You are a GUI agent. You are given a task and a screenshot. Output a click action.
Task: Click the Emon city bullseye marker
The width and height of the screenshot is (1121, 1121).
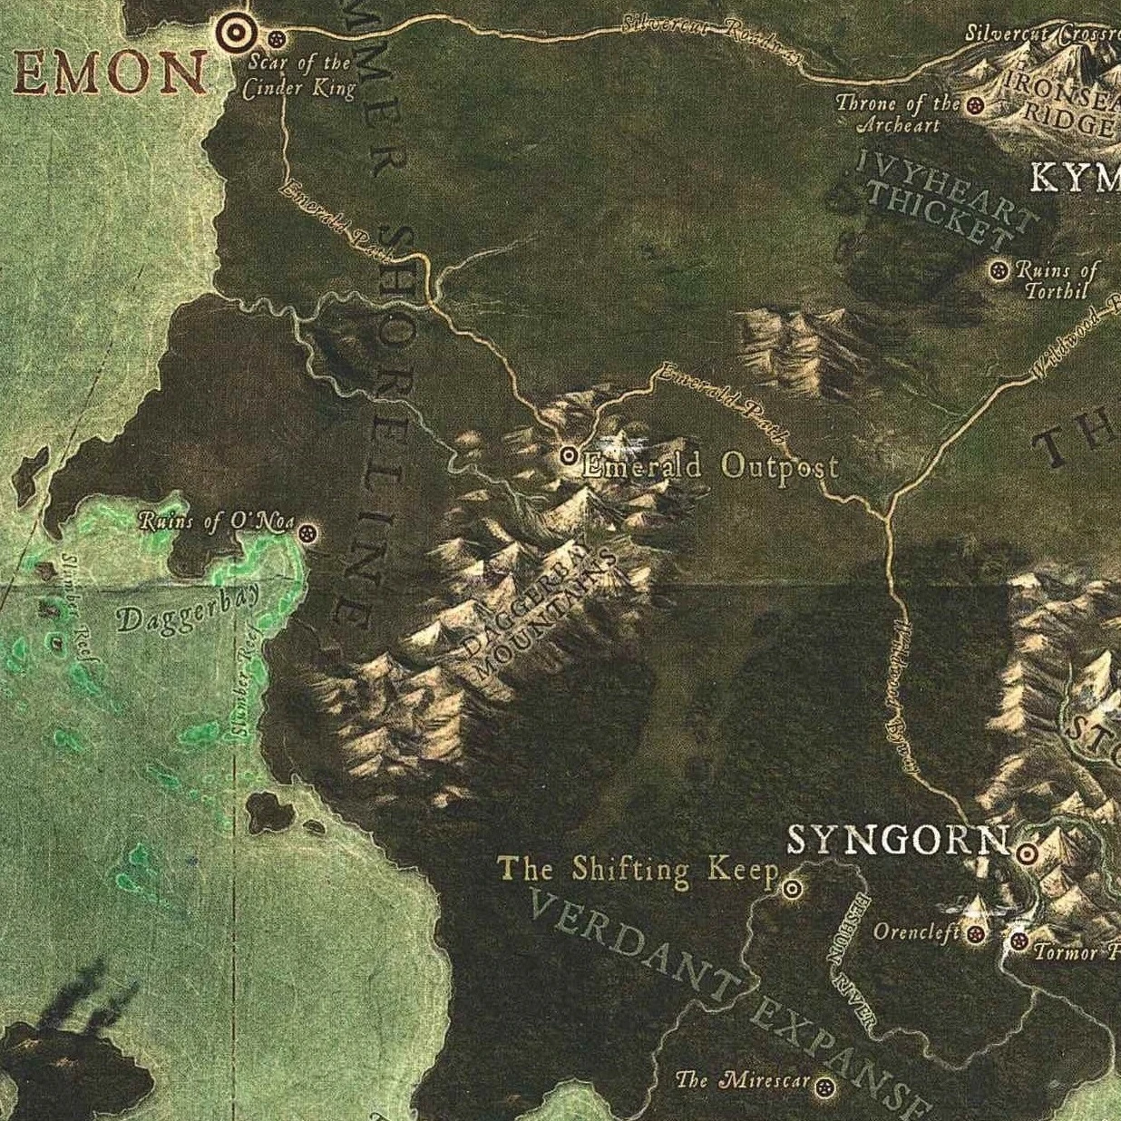[235, 34]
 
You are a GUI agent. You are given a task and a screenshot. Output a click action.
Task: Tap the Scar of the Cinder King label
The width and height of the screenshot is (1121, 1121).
[298, 75]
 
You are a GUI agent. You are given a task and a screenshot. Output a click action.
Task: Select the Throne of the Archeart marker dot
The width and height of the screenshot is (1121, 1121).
[976, 105]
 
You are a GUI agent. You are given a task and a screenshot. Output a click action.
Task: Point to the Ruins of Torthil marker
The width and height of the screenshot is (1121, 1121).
[1000, 270]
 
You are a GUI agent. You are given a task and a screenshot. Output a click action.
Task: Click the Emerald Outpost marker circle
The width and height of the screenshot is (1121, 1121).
[569, 455]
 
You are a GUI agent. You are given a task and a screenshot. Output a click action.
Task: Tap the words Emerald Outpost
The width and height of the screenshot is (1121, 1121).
[710, 466]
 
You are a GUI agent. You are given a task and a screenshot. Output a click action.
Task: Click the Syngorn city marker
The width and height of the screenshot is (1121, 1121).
[1027, 853]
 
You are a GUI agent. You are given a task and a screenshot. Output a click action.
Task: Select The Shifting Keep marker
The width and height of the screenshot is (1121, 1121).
[792, 889]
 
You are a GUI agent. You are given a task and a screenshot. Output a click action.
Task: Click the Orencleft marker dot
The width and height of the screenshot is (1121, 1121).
[976, 933]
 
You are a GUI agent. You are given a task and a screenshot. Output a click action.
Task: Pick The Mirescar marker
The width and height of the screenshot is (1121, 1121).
[824, 1087]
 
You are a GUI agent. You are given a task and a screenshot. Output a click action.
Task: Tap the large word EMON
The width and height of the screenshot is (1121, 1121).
[108, 74]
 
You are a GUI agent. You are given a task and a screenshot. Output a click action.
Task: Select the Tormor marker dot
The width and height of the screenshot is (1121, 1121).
[1019, 941]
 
